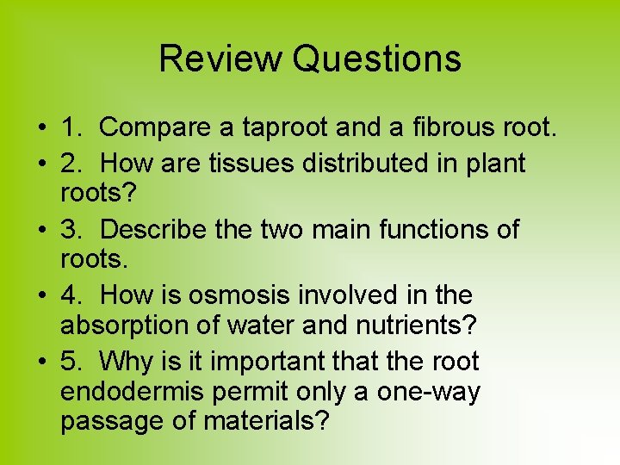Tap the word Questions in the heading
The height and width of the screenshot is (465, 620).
point(376,59)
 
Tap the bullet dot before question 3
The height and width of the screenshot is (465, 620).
point(40,230)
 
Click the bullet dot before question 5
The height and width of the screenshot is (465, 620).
point(40,362)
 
